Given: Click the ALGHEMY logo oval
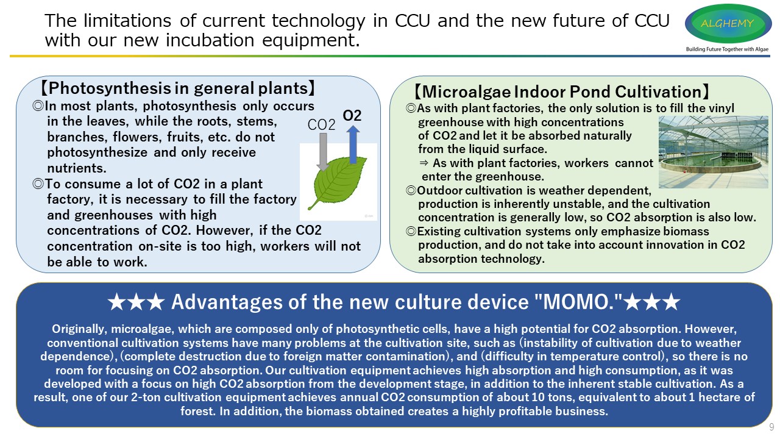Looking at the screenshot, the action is click(728, 23).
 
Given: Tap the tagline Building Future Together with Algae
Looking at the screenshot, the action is click(727, 49).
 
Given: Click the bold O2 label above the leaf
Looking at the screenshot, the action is click(352, 115).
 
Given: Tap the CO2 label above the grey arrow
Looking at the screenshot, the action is click(321, 125).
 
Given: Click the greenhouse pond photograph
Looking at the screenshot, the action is click(713, 152).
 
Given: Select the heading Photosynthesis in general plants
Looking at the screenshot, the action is click(178, 88).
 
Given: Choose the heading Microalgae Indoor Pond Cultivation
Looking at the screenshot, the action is click(562, 91).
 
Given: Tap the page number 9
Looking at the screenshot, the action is click(771, 427).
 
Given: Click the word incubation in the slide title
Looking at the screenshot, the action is click(210, 40).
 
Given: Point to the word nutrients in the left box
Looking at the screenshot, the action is click(77, 168).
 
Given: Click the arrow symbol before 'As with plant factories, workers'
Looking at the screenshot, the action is click(424, 163).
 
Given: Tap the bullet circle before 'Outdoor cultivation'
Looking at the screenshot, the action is click(411, 191).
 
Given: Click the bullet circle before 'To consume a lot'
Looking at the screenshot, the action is click(38, 184).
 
